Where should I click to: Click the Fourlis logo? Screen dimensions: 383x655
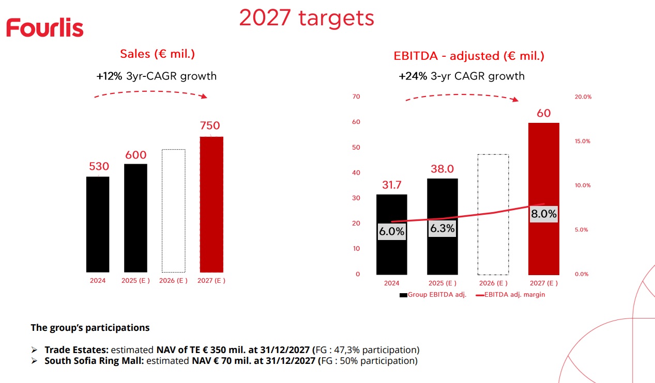click(45, 27)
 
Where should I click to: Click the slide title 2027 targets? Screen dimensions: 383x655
click(306, 19)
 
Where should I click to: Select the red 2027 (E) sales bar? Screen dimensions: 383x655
click(211, 204)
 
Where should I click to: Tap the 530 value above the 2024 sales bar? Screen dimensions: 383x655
click(99, 166)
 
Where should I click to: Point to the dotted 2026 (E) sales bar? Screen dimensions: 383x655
click(173, 211)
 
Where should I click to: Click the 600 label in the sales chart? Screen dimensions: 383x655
click(135, 155)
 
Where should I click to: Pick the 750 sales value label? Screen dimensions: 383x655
click(209, 125)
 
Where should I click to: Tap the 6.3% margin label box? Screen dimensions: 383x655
click(442, 228)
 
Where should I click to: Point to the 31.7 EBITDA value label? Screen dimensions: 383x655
click(391, 185)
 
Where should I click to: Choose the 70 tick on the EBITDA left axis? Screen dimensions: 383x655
click(356, 97)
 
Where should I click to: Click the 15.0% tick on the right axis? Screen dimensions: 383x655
click(582, 141)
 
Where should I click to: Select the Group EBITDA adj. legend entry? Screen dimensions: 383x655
click(433, 295)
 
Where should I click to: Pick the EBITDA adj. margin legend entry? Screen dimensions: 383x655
click(511, 295)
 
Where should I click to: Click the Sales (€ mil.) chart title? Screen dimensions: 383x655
click(157, 54)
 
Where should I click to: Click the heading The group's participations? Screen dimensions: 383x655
click(90, 327)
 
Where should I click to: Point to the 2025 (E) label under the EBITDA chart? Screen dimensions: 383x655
click(442, 283)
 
